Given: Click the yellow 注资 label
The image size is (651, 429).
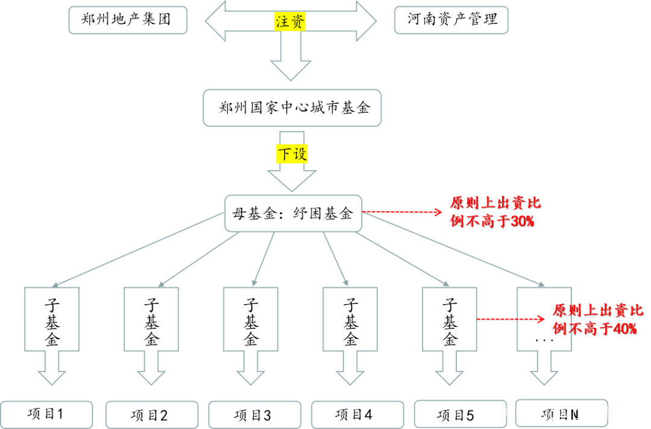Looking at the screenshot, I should (x=291, y=22).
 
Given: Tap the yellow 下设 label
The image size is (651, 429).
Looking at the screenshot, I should (x=292, y=154).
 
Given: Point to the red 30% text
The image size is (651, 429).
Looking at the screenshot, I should (x=522, y=221).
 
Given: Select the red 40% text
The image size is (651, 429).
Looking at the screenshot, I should (x=624, y=329).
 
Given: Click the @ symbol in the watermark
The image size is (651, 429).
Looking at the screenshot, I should (x=556, y=413).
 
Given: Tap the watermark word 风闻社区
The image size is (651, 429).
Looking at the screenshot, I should (x=517, y=413).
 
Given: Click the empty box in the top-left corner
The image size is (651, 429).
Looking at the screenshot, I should (x=128, y=20).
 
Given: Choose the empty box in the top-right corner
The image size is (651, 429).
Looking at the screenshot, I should (x=451, y=20).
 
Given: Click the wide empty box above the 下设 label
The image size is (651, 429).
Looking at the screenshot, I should (x=292, y=108).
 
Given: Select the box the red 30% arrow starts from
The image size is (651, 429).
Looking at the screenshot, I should (x=294, y=213).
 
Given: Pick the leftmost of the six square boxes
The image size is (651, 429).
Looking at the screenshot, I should (x=52, y=319).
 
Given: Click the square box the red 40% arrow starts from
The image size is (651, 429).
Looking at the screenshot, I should (x=450, y=319).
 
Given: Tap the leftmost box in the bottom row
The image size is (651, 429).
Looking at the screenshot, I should (x=46, y=415).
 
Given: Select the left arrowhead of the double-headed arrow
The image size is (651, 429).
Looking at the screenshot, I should (x=216, y=21).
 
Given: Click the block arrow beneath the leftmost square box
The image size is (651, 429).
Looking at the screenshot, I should (x=52, y=369).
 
